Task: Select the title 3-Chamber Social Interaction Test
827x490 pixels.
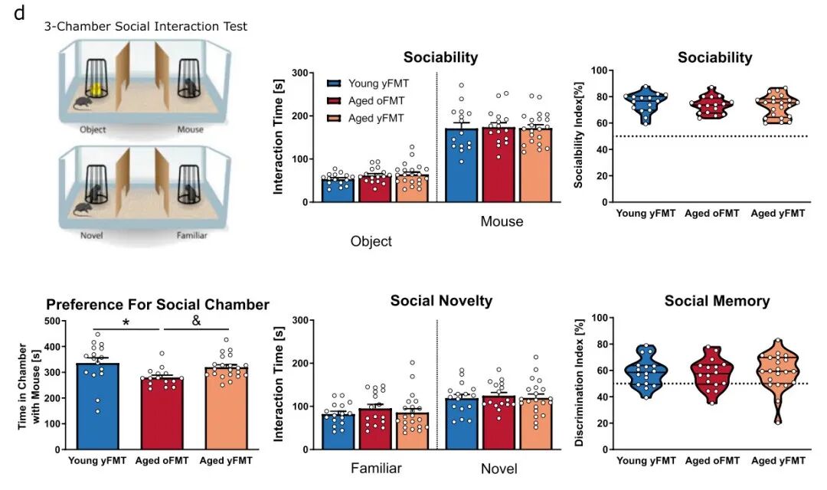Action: click(x=145, y=27)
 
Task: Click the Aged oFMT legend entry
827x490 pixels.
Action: click(x=376, y=100)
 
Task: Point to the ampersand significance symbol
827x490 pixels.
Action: click(x=196, y=321)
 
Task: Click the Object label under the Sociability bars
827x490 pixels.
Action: click(x=371, y=241)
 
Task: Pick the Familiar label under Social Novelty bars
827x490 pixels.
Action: click(x=376, y=468)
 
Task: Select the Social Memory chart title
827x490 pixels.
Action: click(x=717, y=301)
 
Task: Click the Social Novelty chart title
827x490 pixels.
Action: click(x=441, y=301)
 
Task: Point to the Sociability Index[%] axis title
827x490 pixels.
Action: click(x=580, y=137)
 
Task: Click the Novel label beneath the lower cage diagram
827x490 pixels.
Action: click(x=91, y=235)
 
